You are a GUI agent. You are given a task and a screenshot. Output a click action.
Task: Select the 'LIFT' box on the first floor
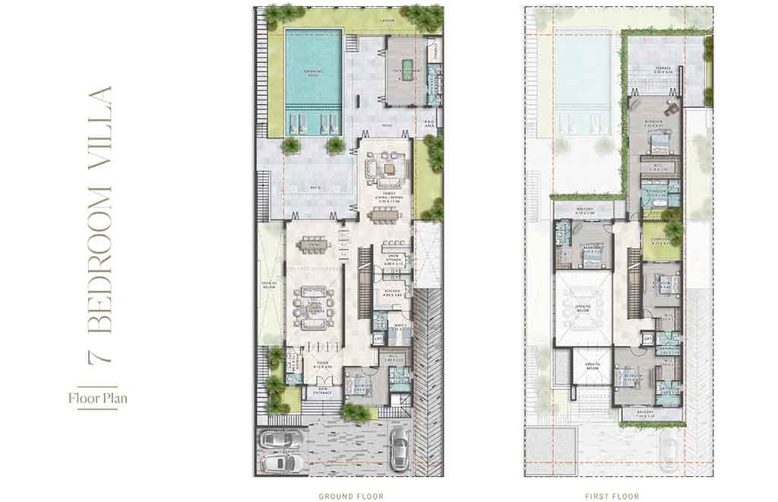(648, 338)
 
